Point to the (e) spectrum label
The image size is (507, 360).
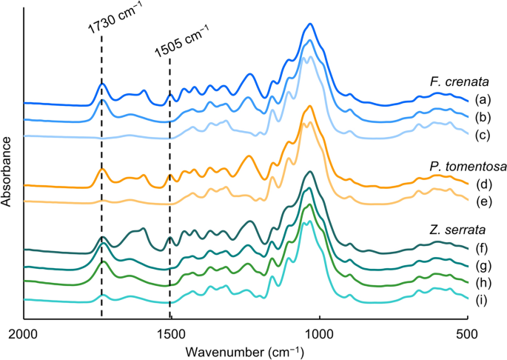pyautogui.click(x=483, y=201)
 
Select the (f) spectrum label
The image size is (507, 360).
pyautogui.click(x=483, y=249)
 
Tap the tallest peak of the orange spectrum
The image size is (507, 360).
pyautogui.click(x=310, y=107)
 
